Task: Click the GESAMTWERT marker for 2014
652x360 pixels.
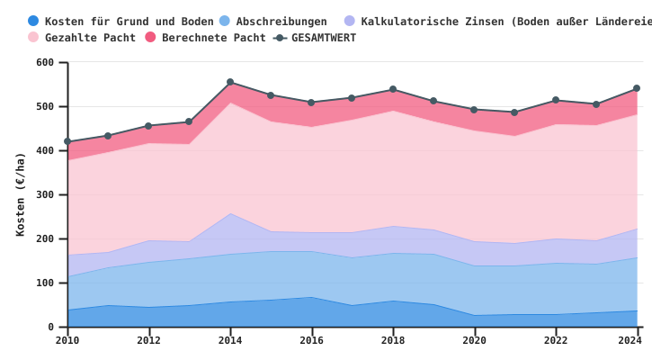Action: [x=230, y=82]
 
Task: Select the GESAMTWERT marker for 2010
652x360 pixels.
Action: [x=67, y=141]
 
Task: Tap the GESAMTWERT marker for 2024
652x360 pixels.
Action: [x=637, y=88]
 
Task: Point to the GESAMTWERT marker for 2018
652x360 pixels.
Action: [x=393, y=89]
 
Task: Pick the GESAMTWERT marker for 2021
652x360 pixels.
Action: [x=514, y=112]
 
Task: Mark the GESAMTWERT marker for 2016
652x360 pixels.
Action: [x=311, y=103]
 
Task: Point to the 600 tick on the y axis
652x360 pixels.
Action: [x=45, y=62]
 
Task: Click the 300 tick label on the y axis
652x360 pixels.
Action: [x=45, y=194]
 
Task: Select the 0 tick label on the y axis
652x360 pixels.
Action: [x=51, y=327]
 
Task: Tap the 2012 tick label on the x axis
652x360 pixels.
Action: [x=148, y=340]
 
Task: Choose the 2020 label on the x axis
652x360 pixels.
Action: [x=474, y=340]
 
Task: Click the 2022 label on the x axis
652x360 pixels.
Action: [x=556, y=340]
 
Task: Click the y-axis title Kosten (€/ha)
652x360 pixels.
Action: [x=21, y=193]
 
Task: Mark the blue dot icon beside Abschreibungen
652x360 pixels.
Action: [x=225, y=22]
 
